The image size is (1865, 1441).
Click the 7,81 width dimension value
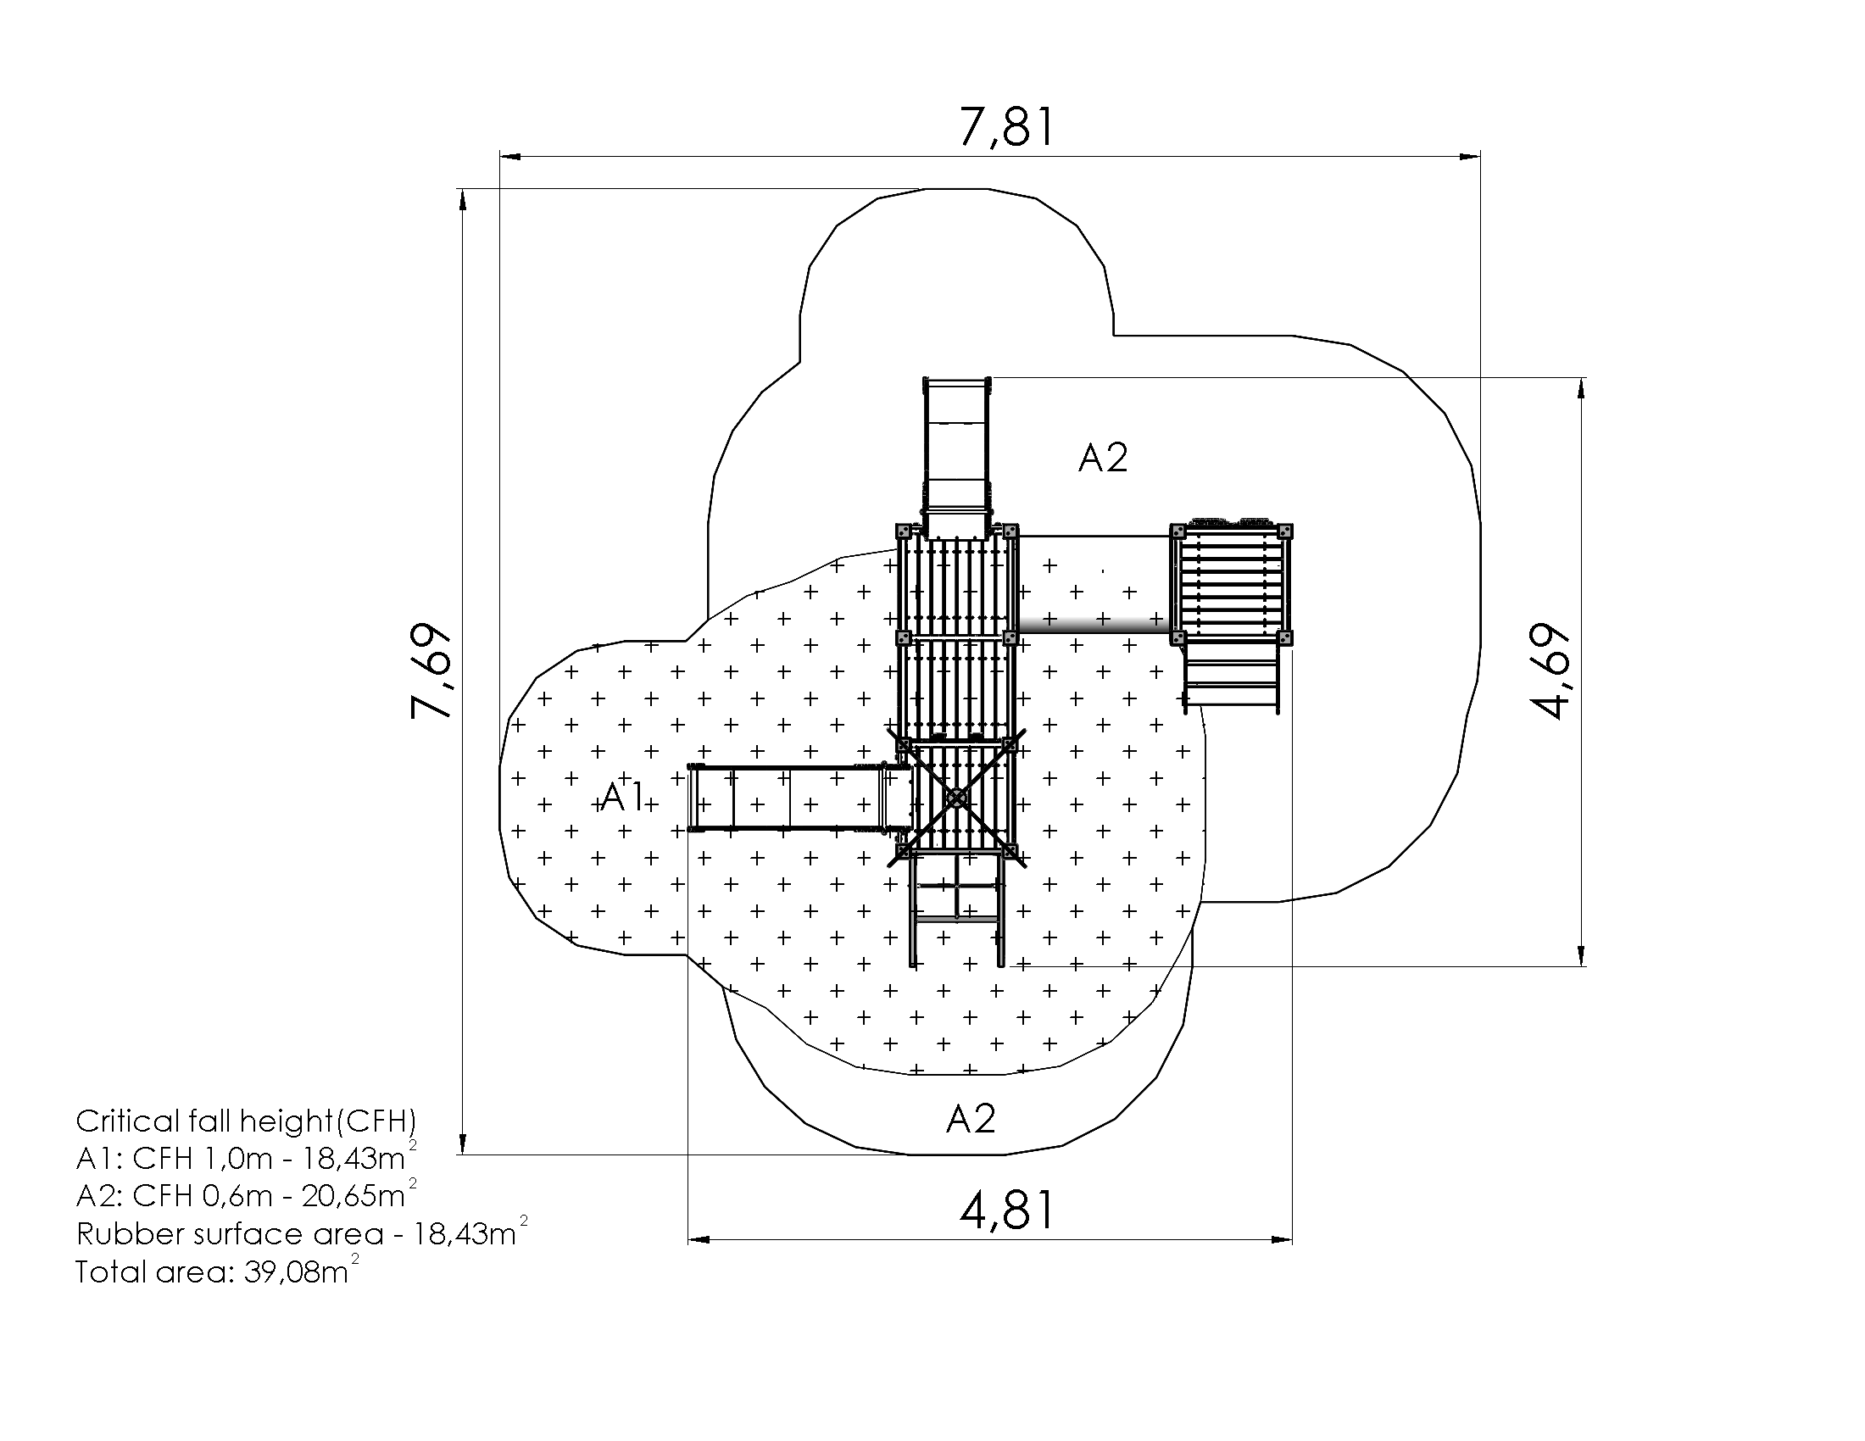[1008, 126]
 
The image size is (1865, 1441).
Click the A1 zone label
[622, 797]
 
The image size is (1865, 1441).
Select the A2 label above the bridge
[1103, 459]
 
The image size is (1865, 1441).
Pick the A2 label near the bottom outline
[971, 1118]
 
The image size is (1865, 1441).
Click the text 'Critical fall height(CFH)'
[246, 1121]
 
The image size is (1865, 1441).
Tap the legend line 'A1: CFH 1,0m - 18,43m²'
[246, 1158]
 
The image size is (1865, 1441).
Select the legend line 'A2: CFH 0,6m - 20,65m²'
[246, 1195]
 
